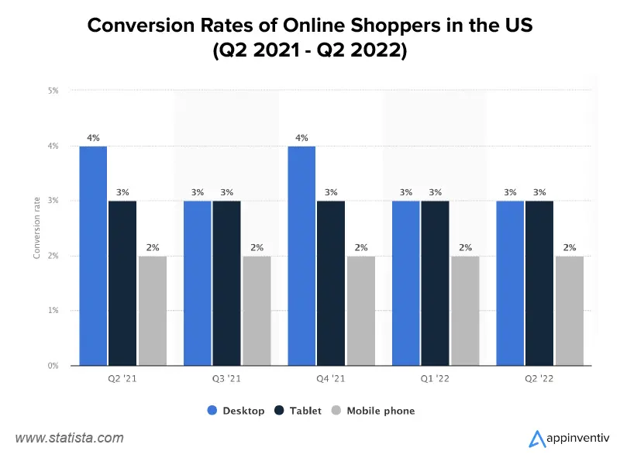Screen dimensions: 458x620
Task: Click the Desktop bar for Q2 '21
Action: point(93,256)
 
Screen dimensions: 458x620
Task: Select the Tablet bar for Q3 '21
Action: point(226,283)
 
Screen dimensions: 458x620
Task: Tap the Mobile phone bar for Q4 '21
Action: point(360,310)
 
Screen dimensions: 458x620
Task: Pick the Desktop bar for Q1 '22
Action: point(405,283)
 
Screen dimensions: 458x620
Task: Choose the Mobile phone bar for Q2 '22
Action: point(569,310)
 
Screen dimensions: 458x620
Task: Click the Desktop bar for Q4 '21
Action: point(301,256)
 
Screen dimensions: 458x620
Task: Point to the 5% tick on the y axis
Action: point(53,91)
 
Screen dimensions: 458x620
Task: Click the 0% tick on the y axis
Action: point(53,366)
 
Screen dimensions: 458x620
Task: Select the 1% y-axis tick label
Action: point(53,311)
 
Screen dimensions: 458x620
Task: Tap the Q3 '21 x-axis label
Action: point(226,380)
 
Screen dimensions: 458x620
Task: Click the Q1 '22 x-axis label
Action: point(435,380)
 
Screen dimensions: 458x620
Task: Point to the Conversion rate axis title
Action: point(37,229)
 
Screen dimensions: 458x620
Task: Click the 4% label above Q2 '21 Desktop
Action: point(93,138)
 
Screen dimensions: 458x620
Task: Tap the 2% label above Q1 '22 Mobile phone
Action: point(465,248)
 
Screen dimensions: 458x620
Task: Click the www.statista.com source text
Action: point(70,438)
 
